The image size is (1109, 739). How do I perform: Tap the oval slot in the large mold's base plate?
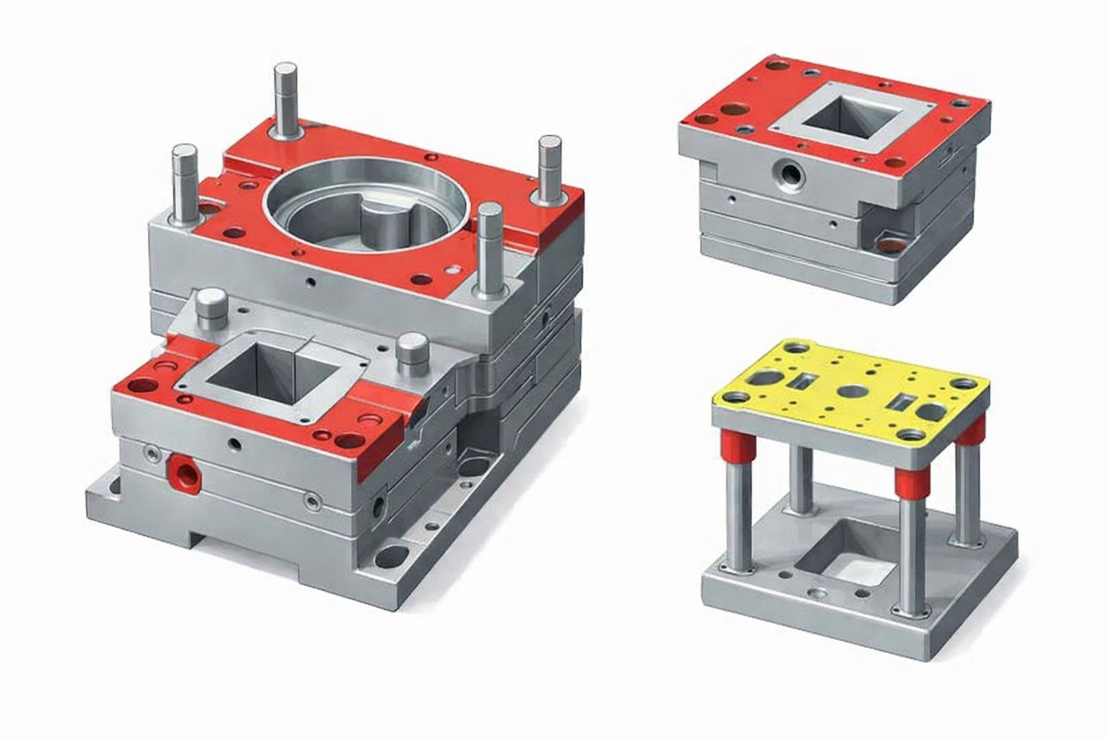(391, 556)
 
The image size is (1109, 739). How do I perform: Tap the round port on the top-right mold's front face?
(785, 173)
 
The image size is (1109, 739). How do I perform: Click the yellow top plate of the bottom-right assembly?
(852, 390)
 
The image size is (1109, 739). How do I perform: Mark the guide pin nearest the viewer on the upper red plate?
(490, 245)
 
